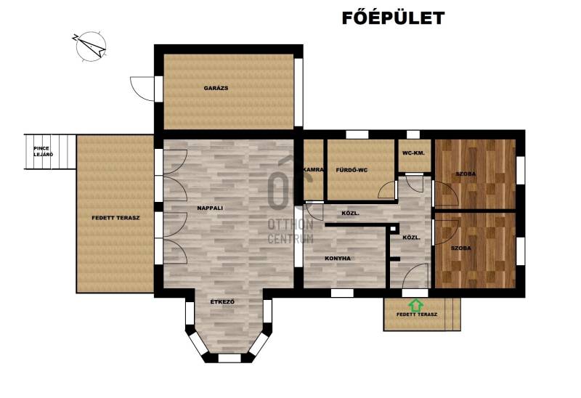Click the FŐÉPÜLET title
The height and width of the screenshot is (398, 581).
[x=393, y=17]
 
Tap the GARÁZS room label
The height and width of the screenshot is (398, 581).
[x=216, y=88]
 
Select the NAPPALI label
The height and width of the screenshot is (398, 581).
[x=210, y=208]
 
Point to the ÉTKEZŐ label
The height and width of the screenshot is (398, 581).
[x=222, y=302]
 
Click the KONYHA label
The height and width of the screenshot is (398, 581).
[x=338, y=259]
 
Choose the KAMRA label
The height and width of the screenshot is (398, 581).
[x=314, y=170]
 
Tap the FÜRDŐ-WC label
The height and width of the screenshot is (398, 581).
[x=352, y=170]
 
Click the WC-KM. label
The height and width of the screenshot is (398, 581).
[x=413, y=153]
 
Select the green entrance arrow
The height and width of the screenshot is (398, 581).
[x=416, y=305]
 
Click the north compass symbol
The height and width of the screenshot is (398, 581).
[x=90, y=46]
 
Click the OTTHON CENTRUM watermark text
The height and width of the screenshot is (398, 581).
[x=290, y=231]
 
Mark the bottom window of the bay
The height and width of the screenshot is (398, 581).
[x=229, y=358]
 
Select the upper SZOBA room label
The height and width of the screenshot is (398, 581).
[x=466, y=174]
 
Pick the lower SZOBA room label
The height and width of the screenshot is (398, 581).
[x=461, y=248]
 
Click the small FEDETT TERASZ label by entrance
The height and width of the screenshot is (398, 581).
[x=417, y=314]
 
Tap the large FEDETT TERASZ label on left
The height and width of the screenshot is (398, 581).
[x=115, y=218]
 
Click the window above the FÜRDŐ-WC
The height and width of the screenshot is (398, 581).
[x=357, y=134]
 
